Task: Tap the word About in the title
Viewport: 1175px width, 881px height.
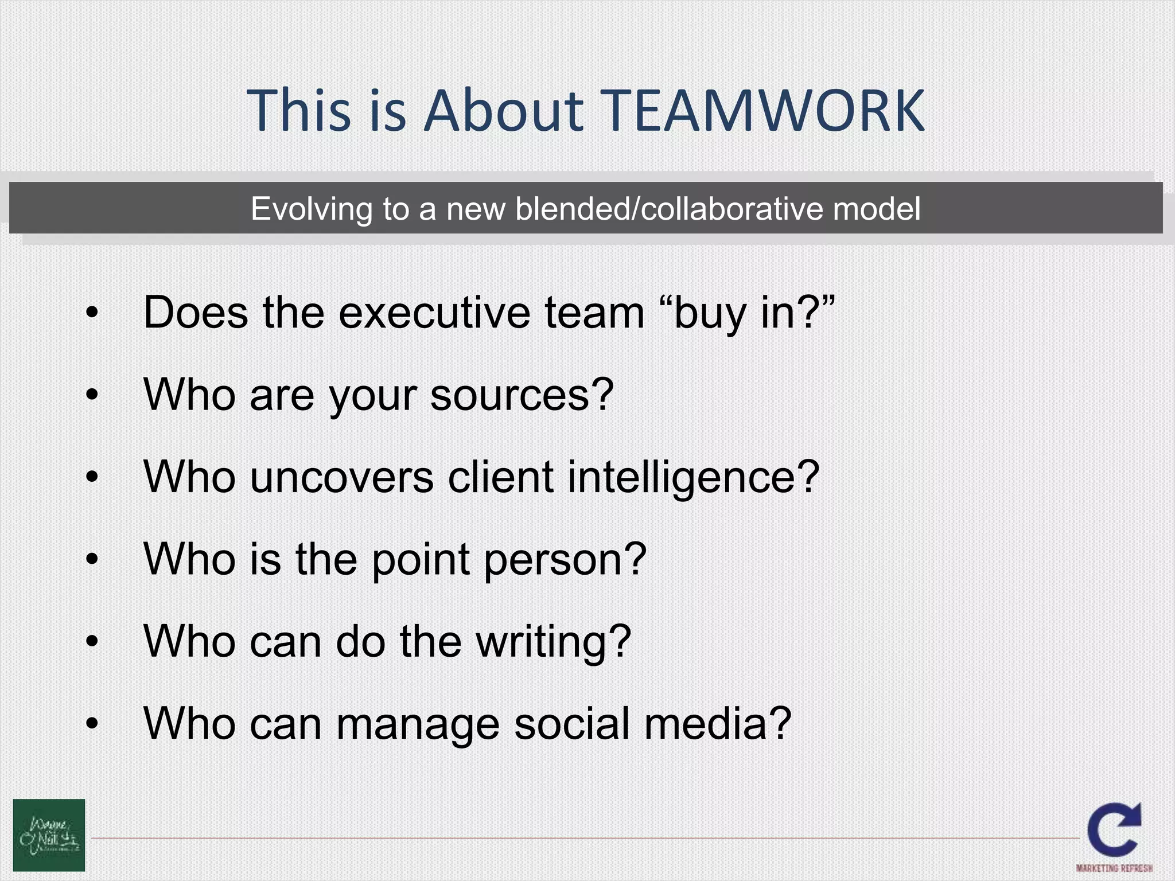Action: [x=503, y=110]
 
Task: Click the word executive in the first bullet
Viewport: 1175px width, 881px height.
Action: [x=434, y=313]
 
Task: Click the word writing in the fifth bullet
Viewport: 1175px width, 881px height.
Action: [x=554, y=642]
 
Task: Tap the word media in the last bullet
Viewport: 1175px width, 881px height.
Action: [x=717, y=724]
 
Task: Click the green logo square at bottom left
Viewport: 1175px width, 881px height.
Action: [x=49, y=835]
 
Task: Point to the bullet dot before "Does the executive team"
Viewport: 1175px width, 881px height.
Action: [x=92, y=314]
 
